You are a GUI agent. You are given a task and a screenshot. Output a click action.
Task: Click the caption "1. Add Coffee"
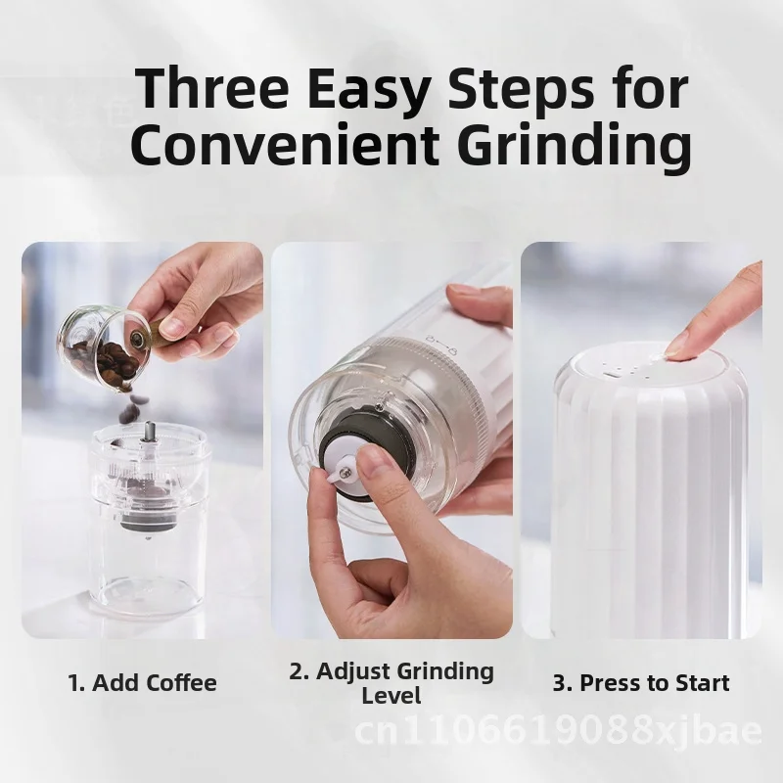tap(143, 682)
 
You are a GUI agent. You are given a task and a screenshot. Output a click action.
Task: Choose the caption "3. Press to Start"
tap(641, 682)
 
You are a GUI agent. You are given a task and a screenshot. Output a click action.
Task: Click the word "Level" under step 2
tap(391, 697)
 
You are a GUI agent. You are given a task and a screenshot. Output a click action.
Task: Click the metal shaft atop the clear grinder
tap(151, 432)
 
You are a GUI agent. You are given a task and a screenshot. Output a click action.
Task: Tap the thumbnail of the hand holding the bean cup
tap(142, 440)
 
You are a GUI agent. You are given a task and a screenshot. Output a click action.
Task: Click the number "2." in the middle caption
tap(299, 671)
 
